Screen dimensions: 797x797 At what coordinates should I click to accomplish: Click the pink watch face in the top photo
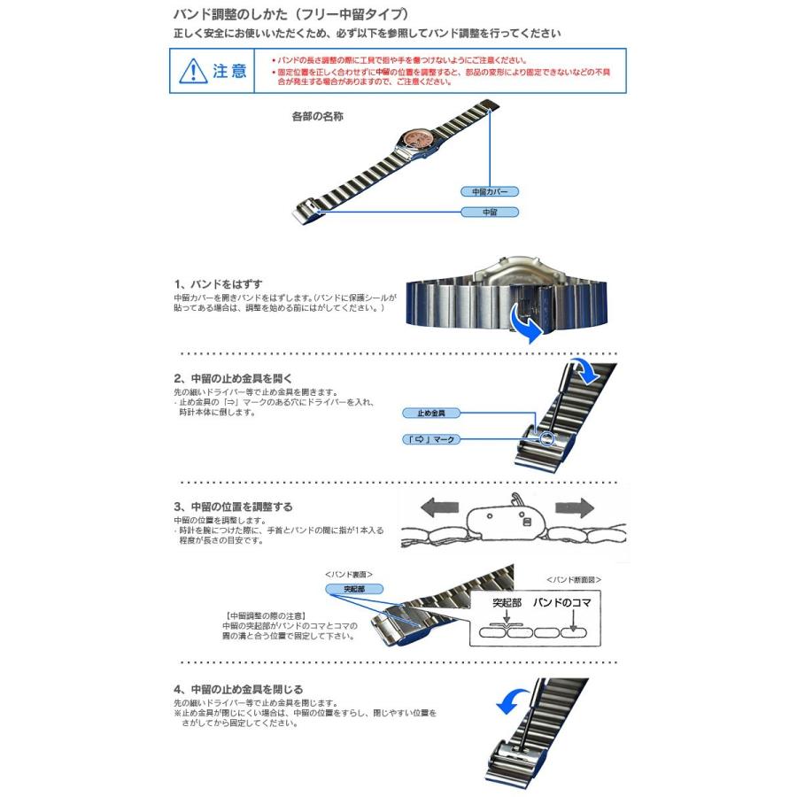416,139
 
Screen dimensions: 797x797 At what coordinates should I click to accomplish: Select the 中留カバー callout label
489,191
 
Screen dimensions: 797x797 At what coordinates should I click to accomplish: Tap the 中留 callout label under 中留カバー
489,213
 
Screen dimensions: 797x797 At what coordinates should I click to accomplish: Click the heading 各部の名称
317,116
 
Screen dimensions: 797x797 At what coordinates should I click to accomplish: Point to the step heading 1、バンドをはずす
219,283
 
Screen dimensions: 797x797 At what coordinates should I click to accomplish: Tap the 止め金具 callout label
431,414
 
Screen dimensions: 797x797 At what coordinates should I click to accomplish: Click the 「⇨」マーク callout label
431,438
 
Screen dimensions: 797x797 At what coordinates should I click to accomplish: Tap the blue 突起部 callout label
344,589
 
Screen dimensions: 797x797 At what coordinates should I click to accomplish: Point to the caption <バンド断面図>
574,579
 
